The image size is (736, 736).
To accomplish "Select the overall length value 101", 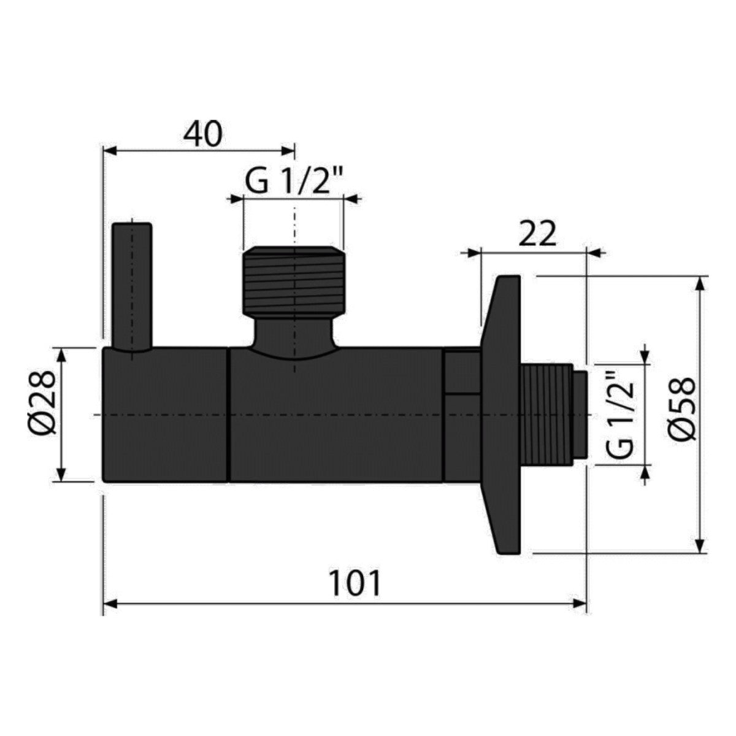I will click(x=355, y=583).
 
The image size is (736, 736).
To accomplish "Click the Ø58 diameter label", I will click(x=682, y=408).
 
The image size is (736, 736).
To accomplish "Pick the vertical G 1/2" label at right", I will click(x=622, y=414).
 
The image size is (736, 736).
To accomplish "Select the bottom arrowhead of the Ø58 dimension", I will click(x=699, y=546).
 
